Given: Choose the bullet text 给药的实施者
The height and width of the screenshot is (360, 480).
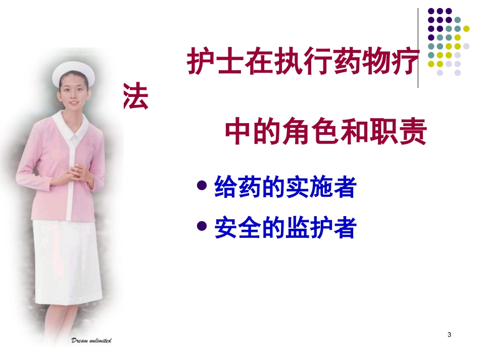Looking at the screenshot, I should (285, 188).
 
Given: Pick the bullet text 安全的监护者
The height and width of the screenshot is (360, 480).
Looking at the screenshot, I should (285, 228).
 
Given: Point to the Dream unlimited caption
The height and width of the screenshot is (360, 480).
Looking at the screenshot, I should (91, 340).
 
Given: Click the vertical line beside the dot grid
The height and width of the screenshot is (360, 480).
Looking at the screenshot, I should (418, 48).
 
